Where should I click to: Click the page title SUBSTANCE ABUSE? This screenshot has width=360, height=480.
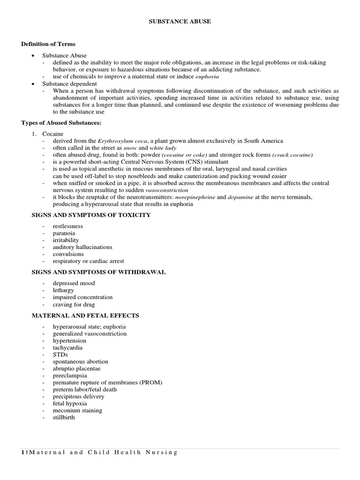point(180,21)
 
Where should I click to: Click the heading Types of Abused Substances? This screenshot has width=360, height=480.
point(61,123)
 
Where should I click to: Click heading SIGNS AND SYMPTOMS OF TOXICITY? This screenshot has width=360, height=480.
point(91,215)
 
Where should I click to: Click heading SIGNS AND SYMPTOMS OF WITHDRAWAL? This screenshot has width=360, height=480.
point(98,272)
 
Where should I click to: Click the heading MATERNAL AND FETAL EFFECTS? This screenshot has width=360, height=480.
point(85,315)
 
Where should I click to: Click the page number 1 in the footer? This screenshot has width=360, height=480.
point(22,452)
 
